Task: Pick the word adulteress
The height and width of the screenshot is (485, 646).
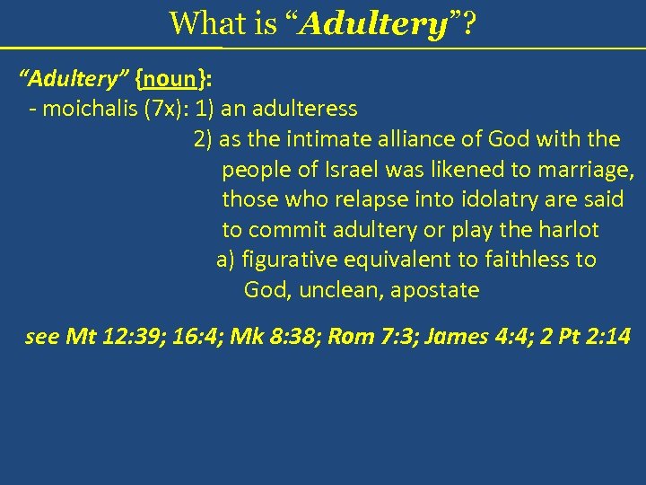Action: pyautogui.click(x=304, y=109)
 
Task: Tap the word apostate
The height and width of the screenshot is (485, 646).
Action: pyautogui.click(x=440, y=290)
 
